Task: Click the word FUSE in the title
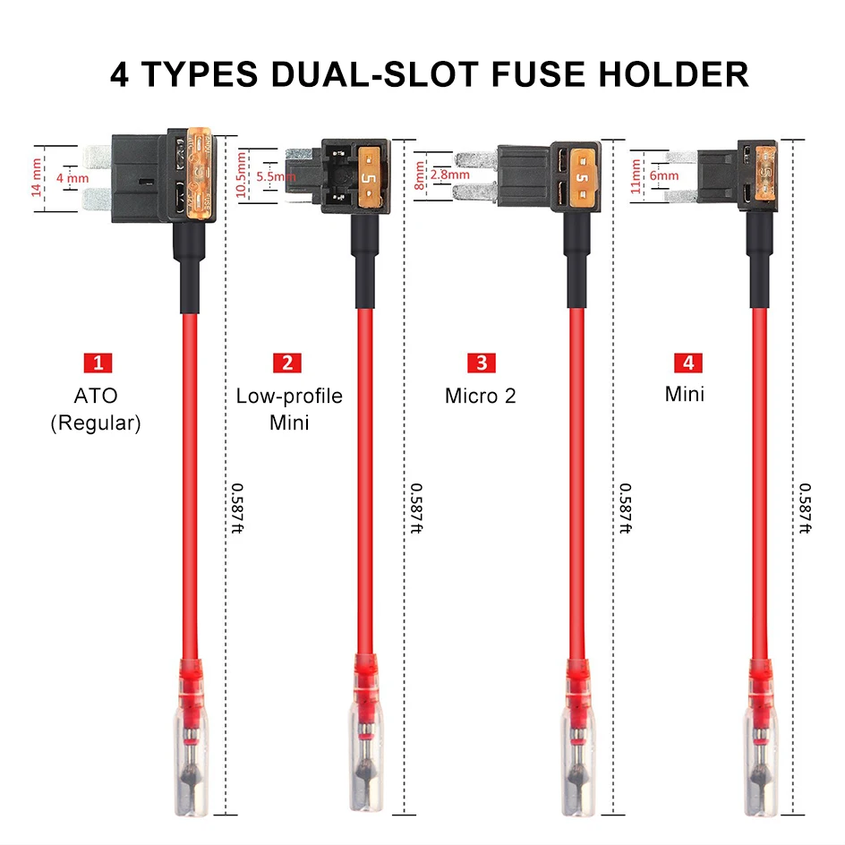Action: click(x=542, y=74)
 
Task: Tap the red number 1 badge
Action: click(x=98, y=363)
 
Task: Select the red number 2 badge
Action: click(x=287, y=363)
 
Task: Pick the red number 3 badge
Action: click(x=482, y=363)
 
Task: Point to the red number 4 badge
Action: click(x=687, y=363)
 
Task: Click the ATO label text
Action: click(x=96, y=395)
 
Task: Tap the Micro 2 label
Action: click(x=481, y=395)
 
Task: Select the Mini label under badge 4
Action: click(x=685, y=394)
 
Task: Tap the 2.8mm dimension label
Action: click(x=449, y=175)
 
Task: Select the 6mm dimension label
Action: click(x=664, y=176)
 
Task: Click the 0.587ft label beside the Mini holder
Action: click(x=807, y=508)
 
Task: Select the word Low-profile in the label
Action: click(x=289, y=395)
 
